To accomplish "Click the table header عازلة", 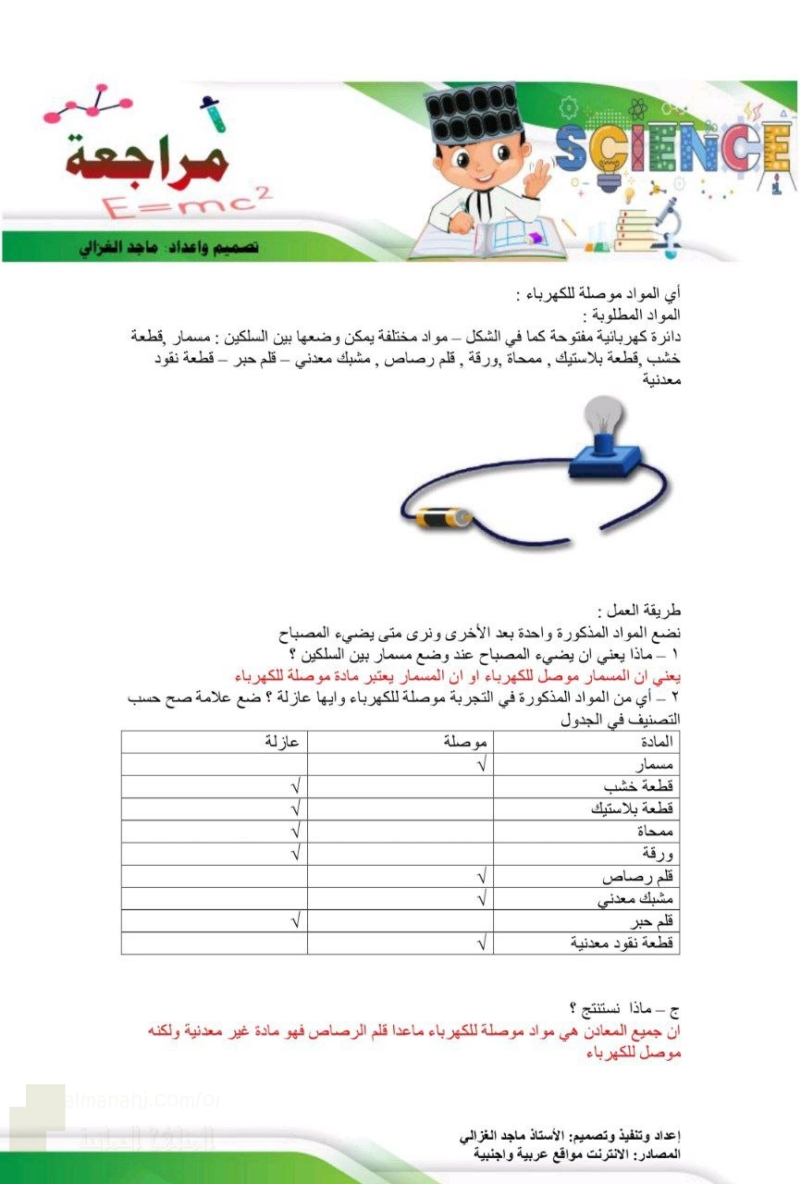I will (282, 742).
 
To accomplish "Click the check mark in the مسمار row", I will (481, 765).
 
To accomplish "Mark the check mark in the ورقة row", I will (295, 854).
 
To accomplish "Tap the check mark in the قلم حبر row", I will (295, 921).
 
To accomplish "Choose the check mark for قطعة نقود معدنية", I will (481, 943).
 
